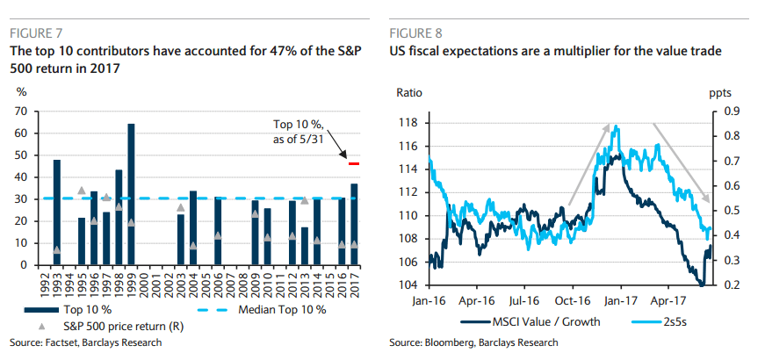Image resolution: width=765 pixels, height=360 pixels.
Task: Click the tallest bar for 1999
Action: click(131, 194)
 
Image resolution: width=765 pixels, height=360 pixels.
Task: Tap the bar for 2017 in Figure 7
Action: click(354, 224)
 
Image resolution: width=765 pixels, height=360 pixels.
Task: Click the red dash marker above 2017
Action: click(354, 163)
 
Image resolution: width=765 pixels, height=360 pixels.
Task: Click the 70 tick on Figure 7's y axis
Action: click(21, 112)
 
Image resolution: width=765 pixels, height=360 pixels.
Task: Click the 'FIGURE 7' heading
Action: click(36, 34)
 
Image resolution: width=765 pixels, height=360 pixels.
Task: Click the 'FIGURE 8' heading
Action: click(417, 34)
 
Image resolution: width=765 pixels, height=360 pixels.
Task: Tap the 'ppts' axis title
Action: click(720, 90)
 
